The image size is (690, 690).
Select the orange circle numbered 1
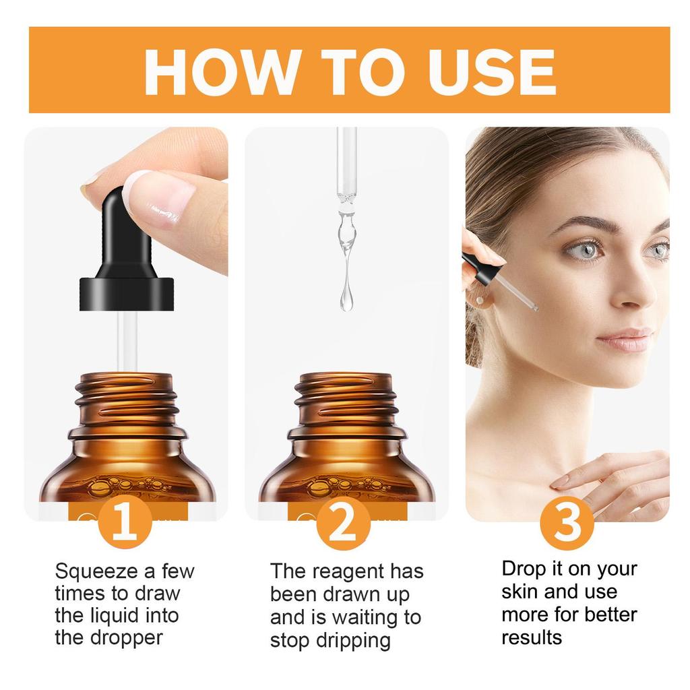[125, 524]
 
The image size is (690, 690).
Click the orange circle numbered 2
[344, 524]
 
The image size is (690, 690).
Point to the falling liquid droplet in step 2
[346, 296]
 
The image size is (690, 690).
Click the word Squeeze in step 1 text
[96, 571]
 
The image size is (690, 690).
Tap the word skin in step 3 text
[520, 592]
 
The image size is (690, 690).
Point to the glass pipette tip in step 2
[346, 195]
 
